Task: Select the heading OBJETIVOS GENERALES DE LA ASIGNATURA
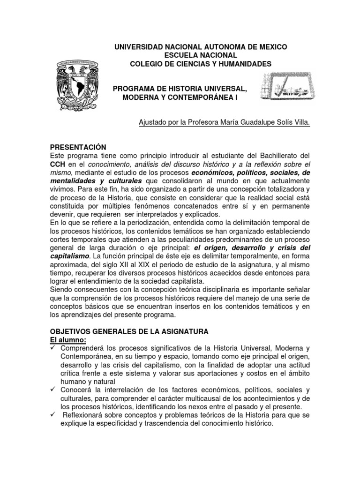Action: point(129,331)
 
